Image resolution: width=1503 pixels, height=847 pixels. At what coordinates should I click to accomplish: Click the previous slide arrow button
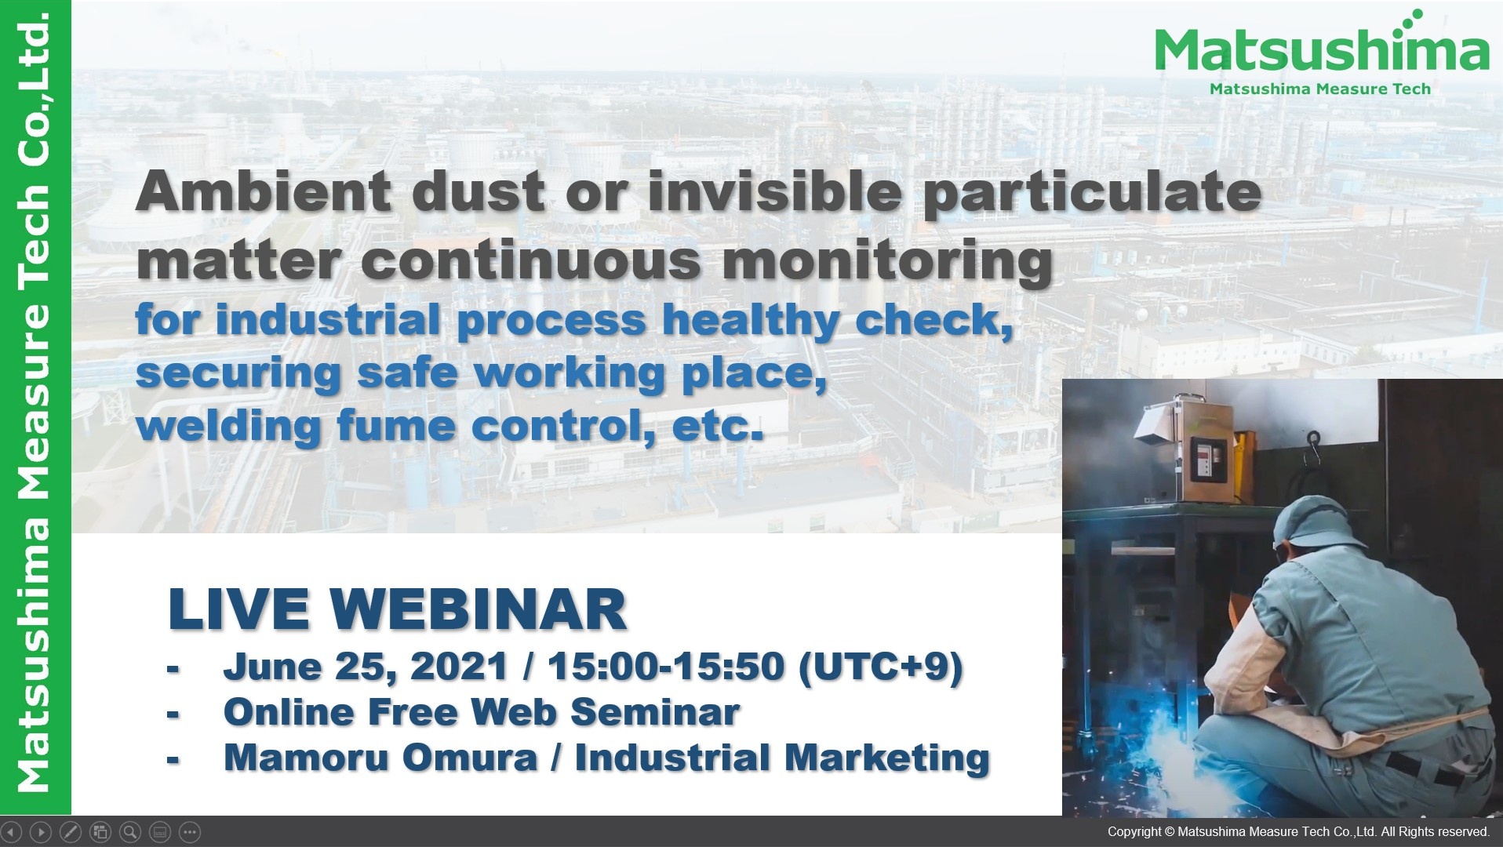click(11, 831)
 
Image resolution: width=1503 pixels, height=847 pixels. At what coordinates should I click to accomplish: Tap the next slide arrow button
click(41, 831)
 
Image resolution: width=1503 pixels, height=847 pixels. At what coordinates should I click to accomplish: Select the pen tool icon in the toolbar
click(71, 831)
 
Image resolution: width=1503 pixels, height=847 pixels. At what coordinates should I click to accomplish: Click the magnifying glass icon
click(130, 831)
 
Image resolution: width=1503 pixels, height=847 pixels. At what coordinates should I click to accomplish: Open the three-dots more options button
click(190, 831)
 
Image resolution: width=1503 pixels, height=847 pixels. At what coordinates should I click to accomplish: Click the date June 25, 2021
click(366, 667)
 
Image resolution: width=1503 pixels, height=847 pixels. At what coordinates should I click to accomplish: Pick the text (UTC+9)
click(879, 667)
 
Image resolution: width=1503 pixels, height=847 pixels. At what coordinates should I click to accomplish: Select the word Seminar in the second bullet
click(654, 712)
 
